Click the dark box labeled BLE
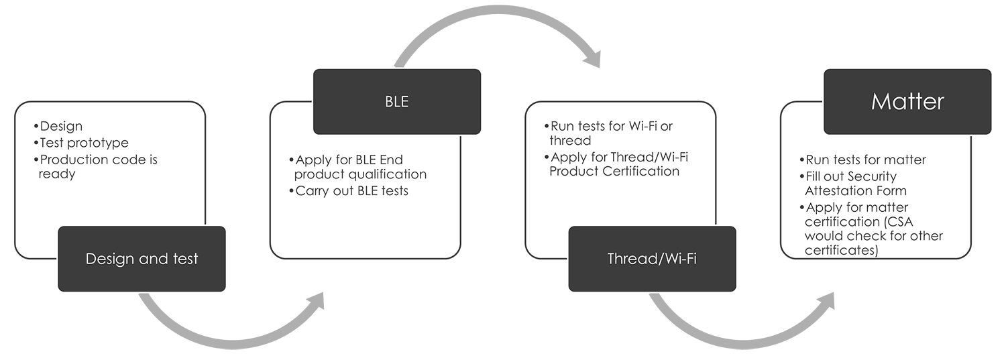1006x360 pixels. pos(397,101)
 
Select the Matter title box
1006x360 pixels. pos(907,101)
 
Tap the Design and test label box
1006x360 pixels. pos(142,259)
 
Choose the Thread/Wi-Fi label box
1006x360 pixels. pos(651,259)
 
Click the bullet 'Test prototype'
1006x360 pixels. pos(84,143)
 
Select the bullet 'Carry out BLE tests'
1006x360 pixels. pos(351,191)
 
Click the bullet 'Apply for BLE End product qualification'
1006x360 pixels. pos(359,167)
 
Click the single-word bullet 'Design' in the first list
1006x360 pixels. pos(61,126)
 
